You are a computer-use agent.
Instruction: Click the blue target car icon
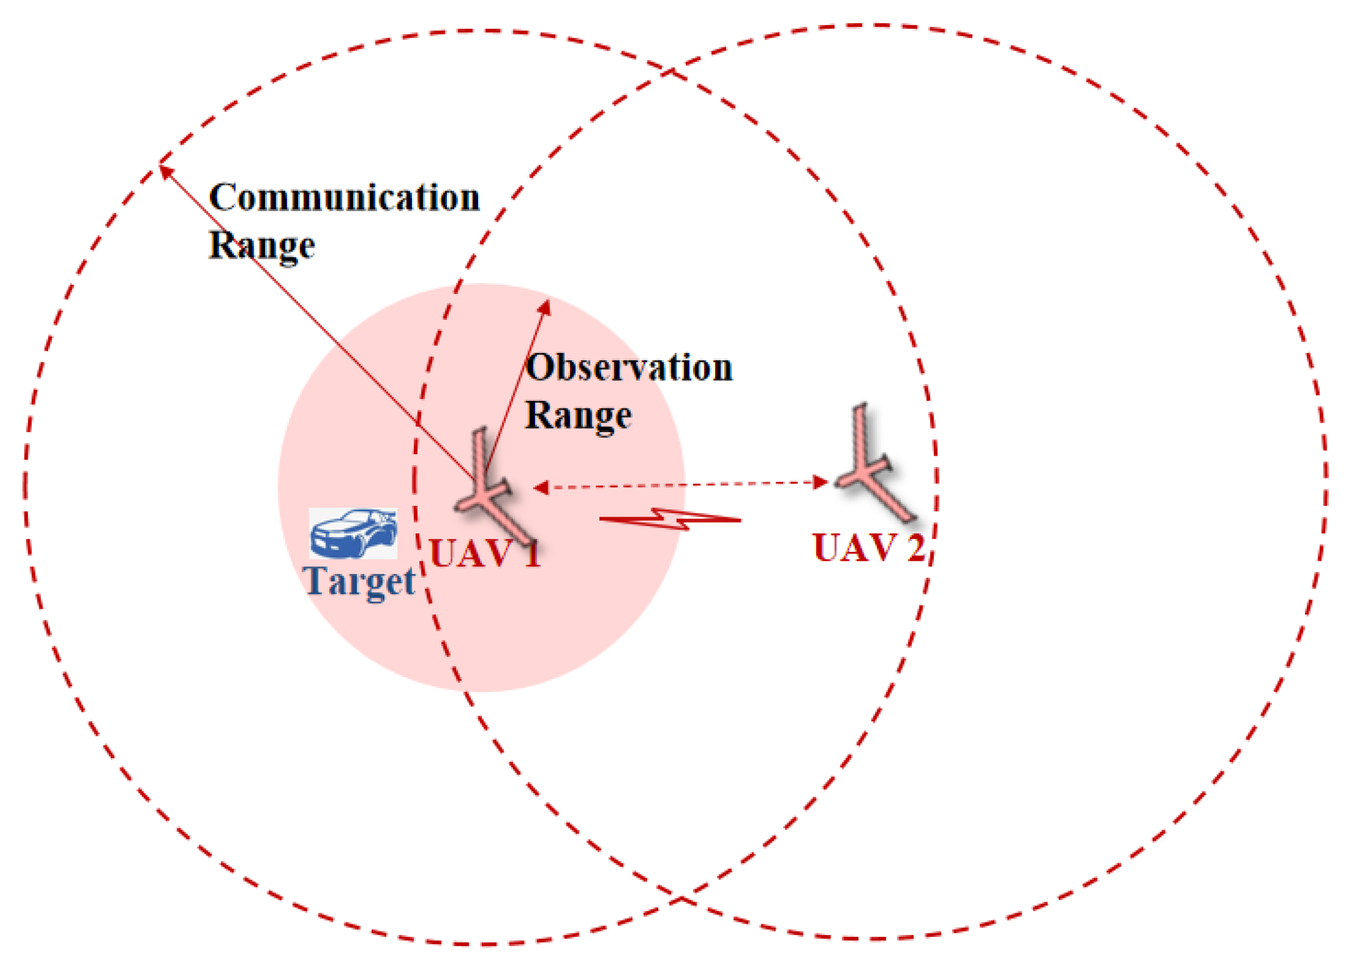pos(353,533)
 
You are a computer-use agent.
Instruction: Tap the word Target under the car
pos(360,581)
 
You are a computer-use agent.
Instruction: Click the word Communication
pos(344,198)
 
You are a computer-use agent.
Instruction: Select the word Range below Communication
pos(262,245)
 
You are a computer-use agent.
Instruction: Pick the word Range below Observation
pos(579,415)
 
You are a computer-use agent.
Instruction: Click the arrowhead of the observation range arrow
pos(545,307)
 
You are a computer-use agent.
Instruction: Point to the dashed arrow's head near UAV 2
pos(821,482)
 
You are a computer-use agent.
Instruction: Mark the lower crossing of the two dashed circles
pos(682,899)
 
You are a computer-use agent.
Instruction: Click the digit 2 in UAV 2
pos(916,548)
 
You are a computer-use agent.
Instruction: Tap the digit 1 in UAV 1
pos(532,553)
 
